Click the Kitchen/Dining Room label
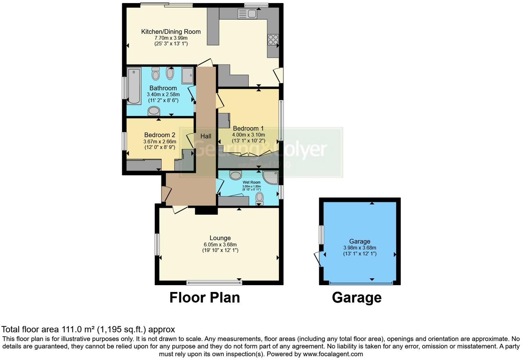tap(171, 32)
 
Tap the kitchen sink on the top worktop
tap(247, 14)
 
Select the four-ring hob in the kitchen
tap(273, 40)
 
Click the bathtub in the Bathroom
tap(134, 86)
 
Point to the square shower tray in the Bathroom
tap(188, 76)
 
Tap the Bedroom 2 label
tap(159, 135)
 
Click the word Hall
tap(206, 136)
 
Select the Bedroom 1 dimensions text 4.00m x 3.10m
tap(248, 135)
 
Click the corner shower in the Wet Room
tap(271, 177)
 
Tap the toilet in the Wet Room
tap(260, 198)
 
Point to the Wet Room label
tap(251, 182)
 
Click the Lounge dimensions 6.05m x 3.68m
tap(220, 245)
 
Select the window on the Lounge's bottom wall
tap(214, 283)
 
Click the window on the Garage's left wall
tap(321, 235)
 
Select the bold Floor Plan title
tap(204, 297)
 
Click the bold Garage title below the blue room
tap(356, 297)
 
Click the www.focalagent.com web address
tap(332, 354)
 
